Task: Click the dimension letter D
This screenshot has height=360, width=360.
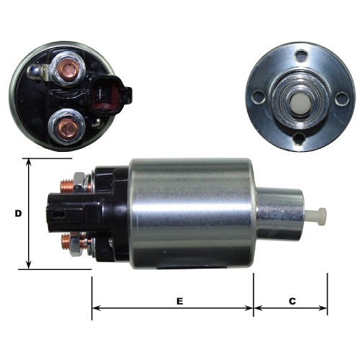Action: pos(18,213)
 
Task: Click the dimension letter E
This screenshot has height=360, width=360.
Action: pos(180,301)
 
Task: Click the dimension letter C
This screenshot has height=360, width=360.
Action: pos(292,301)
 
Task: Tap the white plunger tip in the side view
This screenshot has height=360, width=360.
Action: pos(318,216)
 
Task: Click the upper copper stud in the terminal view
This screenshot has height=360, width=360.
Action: pos(69,69)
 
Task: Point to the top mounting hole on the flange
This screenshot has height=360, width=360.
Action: pos(302,55)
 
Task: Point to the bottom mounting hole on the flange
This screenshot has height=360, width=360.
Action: pos(300,139)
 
